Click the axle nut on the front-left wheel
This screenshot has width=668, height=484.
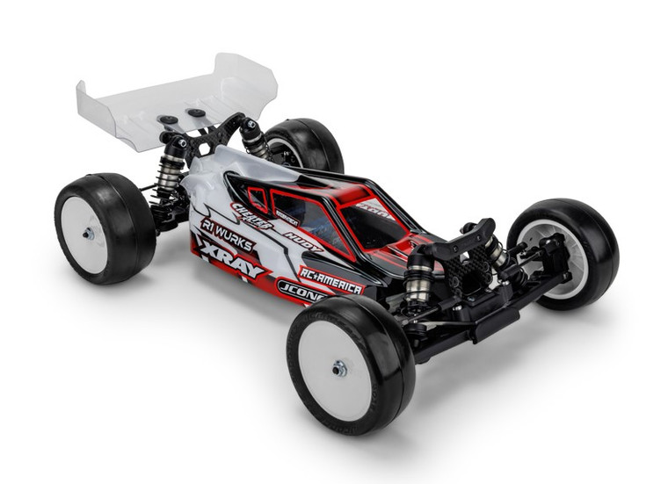tap(339, 368)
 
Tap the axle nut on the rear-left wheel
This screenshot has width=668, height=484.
tap(89, 234)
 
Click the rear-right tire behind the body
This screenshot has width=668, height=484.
tap(303, 145)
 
